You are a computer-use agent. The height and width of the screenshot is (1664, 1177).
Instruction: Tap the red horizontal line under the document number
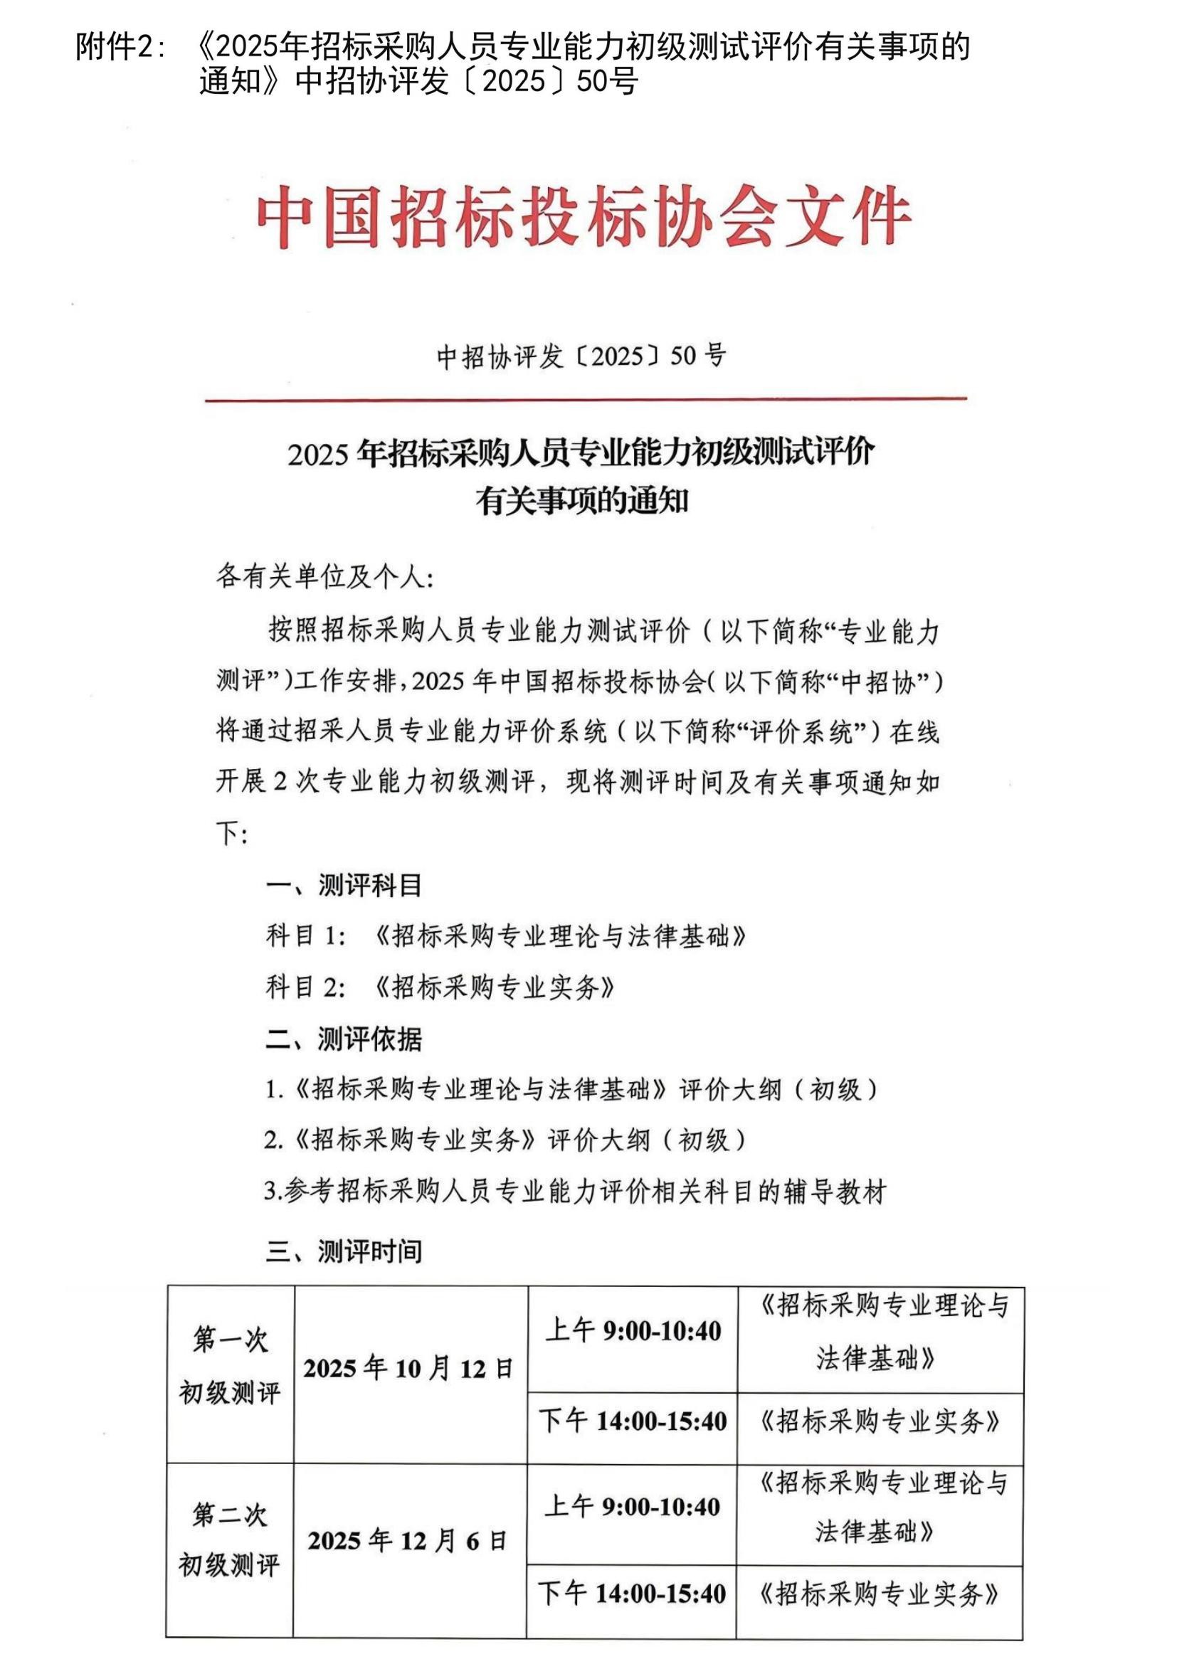(x=586, y=398)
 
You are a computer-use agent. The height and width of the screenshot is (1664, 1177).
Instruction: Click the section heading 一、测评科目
(x=344, y=885)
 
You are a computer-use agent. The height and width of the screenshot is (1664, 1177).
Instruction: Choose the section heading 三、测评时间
(x=344, y=1251)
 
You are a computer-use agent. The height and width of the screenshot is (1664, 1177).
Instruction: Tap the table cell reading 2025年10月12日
(x=409, y=1368)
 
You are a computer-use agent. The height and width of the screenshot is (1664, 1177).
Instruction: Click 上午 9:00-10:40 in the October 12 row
(x=633, y=1330)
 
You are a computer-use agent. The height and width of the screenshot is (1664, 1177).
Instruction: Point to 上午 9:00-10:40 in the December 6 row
(x=632, y=1507)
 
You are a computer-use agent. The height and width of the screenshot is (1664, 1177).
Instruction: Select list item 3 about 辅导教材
(x=575, y=1192)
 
